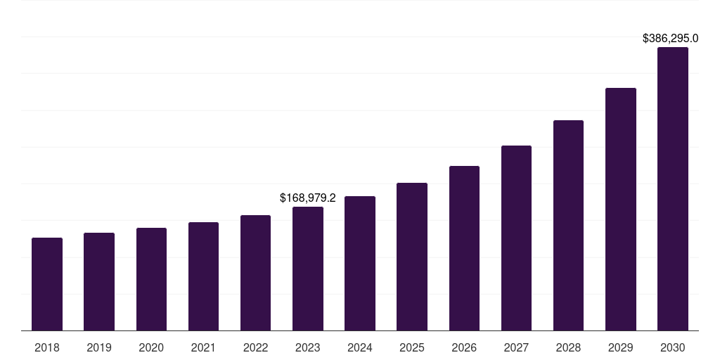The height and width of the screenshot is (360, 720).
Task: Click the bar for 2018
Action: [x=47, y=284]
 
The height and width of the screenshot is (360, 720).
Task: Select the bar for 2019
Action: [x=99, y=281]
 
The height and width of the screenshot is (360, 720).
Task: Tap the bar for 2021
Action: [x=203, y=276]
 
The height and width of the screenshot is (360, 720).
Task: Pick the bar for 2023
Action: [x=308, y=269]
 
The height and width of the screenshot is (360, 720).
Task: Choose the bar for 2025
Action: [x=412, y=257]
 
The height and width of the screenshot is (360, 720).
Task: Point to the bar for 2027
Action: [x=516, y=238]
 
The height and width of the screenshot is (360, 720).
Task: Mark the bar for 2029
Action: [x=621, y=209]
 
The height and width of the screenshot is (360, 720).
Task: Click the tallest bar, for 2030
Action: [x=673, y=189]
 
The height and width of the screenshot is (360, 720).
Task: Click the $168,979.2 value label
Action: [x=308, y=198]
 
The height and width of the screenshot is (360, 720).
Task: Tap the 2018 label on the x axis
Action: [x=47, y=347]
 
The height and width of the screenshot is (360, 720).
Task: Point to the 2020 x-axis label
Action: [x=151, y=347]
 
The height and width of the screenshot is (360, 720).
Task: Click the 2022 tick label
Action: [x=255, y=347]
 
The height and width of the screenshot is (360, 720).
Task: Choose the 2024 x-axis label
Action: [x=360, y=347]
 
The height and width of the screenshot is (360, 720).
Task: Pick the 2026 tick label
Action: [x=464, y=347]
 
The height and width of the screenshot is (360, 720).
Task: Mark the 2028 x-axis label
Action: [x=568, y=347]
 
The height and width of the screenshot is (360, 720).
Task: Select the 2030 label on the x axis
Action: [x=673, y=347]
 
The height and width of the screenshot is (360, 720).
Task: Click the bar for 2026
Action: [x=464, y=248]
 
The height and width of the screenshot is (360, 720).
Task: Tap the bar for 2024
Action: [x=360, y=263]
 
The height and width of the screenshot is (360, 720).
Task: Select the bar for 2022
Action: [x=255, y=273]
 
